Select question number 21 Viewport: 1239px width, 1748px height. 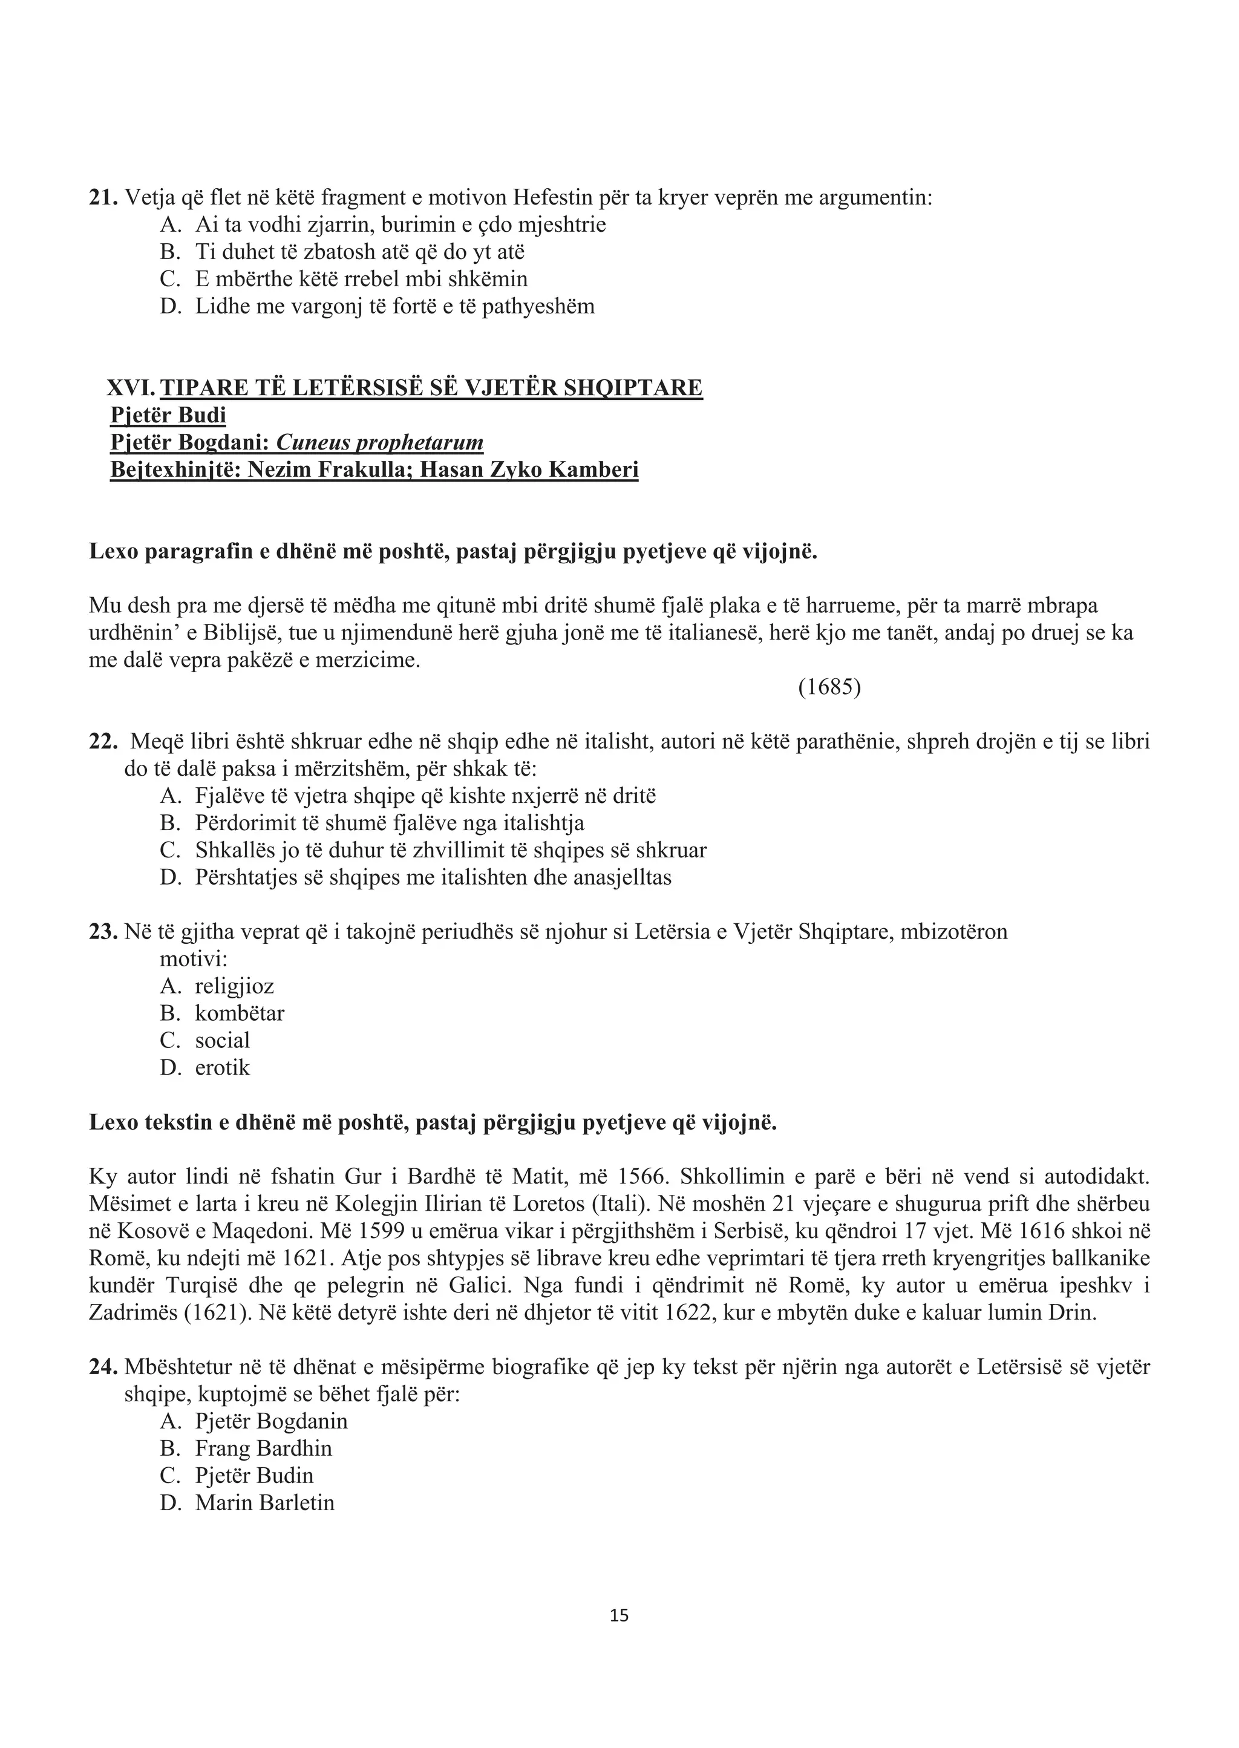(103, 198)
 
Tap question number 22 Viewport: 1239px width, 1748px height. (103, 742)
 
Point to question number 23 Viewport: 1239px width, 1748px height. (103, 932)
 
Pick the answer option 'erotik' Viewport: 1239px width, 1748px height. (222, 1067)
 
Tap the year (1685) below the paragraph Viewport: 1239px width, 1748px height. (829, 687)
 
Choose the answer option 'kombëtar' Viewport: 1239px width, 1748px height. (240, 1013)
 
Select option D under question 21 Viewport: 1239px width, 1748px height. (394, 307)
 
